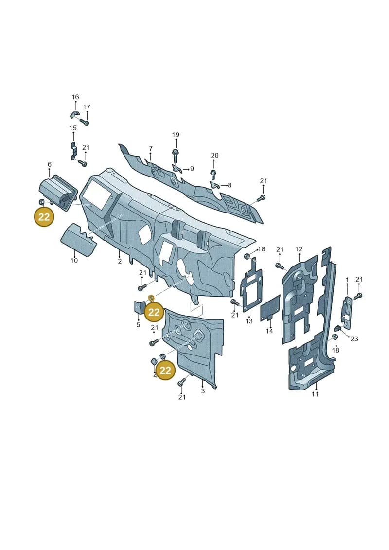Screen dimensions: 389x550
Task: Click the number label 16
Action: point(75,97)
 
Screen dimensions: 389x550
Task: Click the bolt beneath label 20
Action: point(213,174)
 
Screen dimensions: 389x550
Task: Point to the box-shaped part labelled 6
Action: point(57,195)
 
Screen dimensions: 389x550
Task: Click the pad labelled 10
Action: point(79,239)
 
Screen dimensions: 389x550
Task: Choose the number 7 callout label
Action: point(150,148)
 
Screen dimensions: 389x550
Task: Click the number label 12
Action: point(299,249)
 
